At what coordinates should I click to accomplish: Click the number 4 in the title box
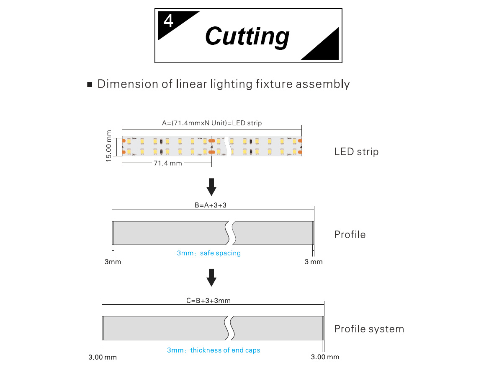168,21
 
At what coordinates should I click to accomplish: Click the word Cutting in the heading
247,36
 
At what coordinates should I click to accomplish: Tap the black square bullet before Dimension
89,85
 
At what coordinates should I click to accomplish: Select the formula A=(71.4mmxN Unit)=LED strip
212,123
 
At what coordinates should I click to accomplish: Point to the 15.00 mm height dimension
109,146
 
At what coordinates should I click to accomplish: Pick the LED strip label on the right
356,152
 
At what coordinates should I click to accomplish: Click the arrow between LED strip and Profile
212,187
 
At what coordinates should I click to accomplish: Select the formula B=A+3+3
213,205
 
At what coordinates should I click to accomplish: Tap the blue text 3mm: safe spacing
208,253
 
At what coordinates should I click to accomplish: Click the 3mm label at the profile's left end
113,262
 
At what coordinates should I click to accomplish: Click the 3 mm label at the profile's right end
314,262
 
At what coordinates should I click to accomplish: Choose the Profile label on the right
350,235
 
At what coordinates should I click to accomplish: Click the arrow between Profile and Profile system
212,277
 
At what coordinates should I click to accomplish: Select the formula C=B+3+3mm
208,301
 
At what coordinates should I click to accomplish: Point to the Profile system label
369,329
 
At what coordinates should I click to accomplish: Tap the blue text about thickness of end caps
214,350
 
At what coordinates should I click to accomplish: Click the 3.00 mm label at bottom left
103,357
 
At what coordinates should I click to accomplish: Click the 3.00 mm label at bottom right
325,357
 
